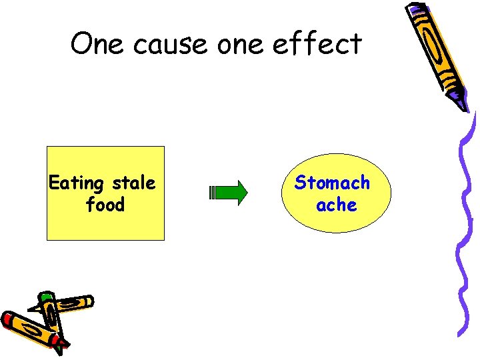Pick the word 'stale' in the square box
click(133, 183)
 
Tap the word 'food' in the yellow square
click(105, 205)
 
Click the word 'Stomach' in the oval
click(332, 182)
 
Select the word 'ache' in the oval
click(336, 205)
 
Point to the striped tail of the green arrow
click(212, 193)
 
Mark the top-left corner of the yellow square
click(47, 147)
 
